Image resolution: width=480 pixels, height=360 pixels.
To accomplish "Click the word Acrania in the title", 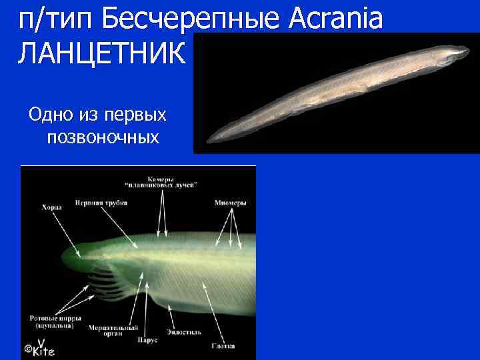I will [x=337, y=19].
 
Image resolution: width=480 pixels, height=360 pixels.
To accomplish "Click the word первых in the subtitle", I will [x=135, y=115].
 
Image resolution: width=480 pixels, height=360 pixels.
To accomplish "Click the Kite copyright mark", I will [x=40, y=349].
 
